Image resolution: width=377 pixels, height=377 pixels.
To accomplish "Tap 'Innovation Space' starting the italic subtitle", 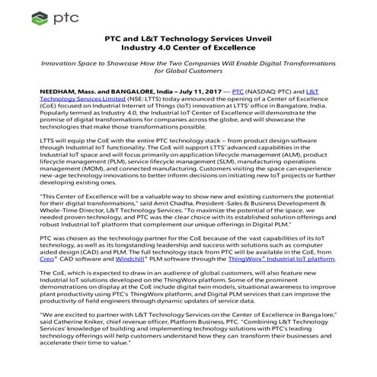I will tap(77, 66).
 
